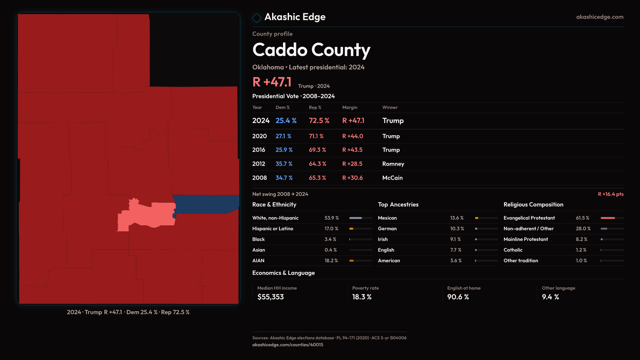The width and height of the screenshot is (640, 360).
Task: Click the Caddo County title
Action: (311, 50)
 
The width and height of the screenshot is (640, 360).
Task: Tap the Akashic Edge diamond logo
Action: (257, 18)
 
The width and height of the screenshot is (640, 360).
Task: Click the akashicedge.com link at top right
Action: (599, 17)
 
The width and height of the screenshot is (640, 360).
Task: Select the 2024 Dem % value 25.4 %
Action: (286, 121)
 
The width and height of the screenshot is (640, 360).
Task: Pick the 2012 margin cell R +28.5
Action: (352, 164)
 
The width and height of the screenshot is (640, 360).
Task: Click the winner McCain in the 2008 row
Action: (392, 178)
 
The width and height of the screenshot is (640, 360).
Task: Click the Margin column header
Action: (349, 107)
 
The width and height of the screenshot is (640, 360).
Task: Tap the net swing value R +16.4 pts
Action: (610, 194)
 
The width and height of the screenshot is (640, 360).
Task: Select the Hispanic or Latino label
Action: (273, 229)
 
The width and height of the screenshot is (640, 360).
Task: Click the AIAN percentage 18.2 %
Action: (331, 261)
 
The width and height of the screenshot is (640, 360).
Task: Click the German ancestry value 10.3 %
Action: (457, 229)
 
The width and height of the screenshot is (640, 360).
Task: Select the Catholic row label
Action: (513, 250)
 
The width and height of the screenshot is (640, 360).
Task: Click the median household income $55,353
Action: (270, 297)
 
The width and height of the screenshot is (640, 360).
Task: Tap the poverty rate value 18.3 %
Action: (362, 297)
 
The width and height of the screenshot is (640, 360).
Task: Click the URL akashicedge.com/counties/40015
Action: (287, 345)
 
